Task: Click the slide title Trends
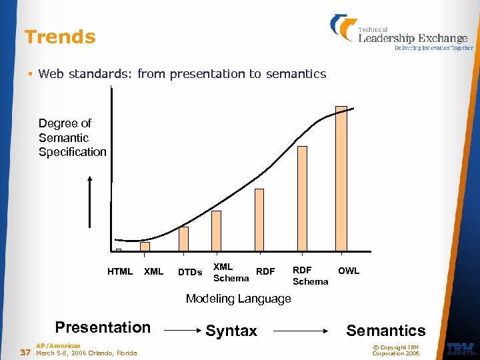pyautogui.click(x=60, y=37)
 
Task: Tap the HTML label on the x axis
pyautogui.click(x=120, y=271)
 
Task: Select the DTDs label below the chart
pyautogui.click(x=190, y=272)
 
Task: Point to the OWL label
pyautogui.click(x=349, y=271)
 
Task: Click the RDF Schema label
pyautogui.click(x=310, y=276)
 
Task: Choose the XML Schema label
pyautogui.click(x=231, y=273)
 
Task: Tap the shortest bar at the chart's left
pyautogui.click(x=119, y=251)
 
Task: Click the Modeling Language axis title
pyautogui.click(x=238, y=299)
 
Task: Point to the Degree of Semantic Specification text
pyautogui.click(x=72, y=137)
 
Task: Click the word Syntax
pyautogui.click(x=231, y=331)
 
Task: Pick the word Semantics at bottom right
pyautogui.click(x=385, y=331)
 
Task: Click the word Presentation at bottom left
pyautogui.click(x=103, y=327)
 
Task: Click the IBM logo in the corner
pyautogui.click(x=460, y=349)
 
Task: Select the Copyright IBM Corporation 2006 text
pyautogui.click(x=395, y=350)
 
